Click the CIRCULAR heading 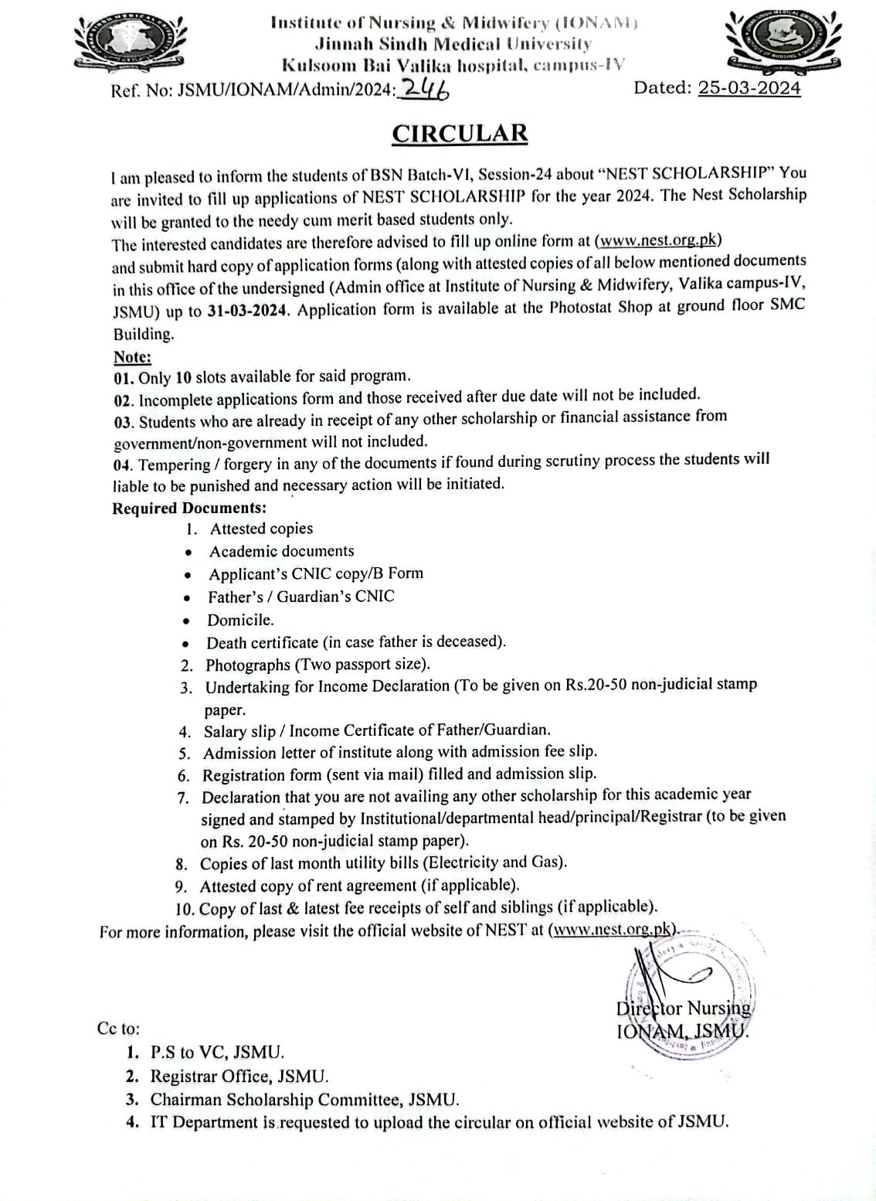(460, 134)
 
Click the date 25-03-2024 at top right (749, 88)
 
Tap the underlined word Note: (133, 357)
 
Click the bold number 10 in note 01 (183, 378)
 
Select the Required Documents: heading (189, 508)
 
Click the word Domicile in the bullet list (239, 620)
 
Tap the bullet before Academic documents (188, 553)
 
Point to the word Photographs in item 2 (248, 665)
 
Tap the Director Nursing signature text (683, 1009)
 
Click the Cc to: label (119, 1029)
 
